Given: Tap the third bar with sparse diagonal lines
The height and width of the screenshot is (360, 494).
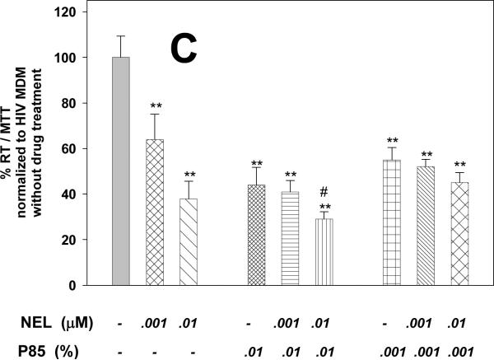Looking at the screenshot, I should click(189, 242).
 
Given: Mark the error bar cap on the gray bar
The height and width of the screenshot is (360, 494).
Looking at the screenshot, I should click(121, 35).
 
